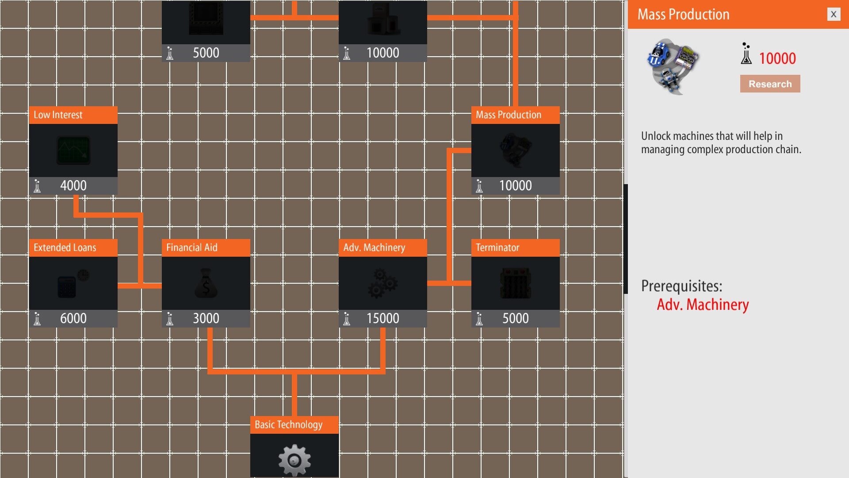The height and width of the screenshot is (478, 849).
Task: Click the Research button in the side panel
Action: (770, 84)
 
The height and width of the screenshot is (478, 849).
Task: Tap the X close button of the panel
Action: (833, 14)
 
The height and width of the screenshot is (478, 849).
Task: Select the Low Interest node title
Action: (58, 115)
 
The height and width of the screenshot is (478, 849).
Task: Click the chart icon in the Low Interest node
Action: (73, 150)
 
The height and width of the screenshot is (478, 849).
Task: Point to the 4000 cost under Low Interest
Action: (73, 185)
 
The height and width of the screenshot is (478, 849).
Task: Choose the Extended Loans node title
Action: (65, 247)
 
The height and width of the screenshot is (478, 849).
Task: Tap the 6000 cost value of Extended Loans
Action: (73, 318)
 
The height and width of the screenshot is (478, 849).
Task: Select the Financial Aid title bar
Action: (192, 247)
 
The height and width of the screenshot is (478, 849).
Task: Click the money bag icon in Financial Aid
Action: (206, 284)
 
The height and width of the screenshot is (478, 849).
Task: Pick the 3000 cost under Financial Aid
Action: (206, 318)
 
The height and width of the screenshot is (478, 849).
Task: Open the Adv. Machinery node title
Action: (374, 247)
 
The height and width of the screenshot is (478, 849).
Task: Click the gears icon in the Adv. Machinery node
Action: (382, 283)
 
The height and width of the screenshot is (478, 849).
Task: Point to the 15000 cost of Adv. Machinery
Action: (382, 318)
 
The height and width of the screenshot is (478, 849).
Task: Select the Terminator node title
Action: (497, 247)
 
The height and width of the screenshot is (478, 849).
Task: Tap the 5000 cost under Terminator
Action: (515, 318)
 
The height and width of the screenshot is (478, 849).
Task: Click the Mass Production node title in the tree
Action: (508, 115)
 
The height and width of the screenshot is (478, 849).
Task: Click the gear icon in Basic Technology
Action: (294, 460)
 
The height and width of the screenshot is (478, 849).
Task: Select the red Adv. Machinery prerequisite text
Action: (703, 305)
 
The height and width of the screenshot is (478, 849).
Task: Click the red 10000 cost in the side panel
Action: (777, 58)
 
